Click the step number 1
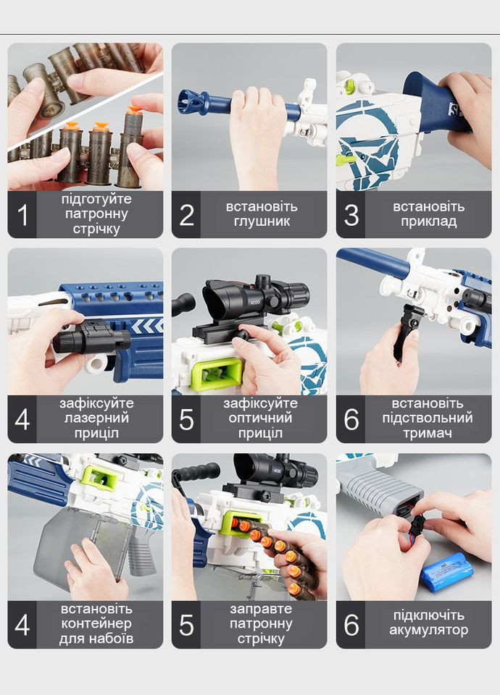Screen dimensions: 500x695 pyautogui.click(x=22, y=215)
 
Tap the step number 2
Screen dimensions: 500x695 pyautogui.click(x=186, y=215)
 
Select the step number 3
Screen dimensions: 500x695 pyautogui.click(x=351, y=215)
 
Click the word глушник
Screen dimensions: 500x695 pyautogui.click(x=262, y=222)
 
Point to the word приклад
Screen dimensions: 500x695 pyautogui.click(x=428, y=222)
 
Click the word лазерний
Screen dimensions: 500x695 pyautogui.click(x=96, y=418)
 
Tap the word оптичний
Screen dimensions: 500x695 pyautogui.click(x=260, y=418)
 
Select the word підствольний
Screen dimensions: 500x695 pyautogui.click(x=428, y=418)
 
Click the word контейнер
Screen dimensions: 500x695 pyautogui.click(x=96, y=623)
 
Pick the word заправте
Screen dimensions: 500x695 pyautogui.click(x=261, y=609)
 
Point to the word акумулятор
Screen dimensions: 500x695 pyautogui.click(x=428, y=631)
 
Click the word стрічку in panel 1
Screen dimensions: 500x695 pyautogui.click(x=96, y=229)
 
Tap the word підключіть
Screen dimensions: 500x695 pyautogui.click(x=428, y=615)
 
